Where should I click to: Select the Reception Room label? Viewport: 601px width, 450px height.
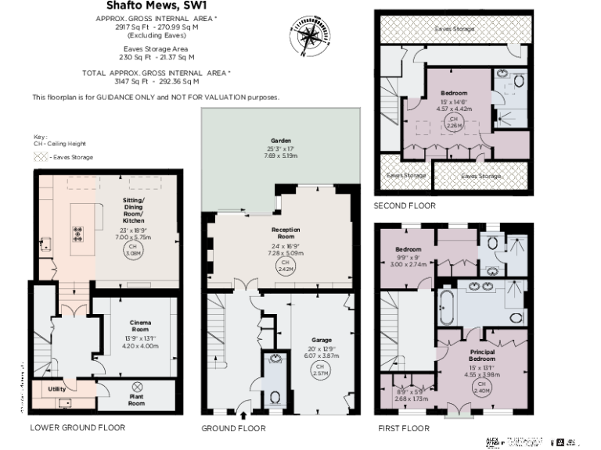click(286, 232)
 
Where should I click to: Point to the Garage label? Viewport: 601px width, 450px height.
click(322, 341)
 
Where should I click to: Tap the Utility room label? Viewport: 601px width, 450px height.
click(56, 388)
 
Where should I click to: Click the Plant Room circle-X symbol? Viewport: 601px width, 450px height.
click(138, 386)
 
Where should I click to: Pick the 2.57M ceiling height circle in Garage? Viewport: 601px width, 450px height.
click(320, 370)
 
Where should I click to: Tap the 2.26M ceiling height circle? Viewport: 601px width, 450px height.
click(452, 121)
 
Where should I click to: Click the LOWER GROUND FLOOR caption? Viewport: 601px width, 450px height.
click(77, 427)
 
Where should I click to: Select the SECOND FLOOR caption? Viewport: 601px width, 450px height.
click(405, 206)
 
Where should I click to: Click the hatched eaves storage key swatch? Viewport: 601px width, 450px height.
click(40, 157)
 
